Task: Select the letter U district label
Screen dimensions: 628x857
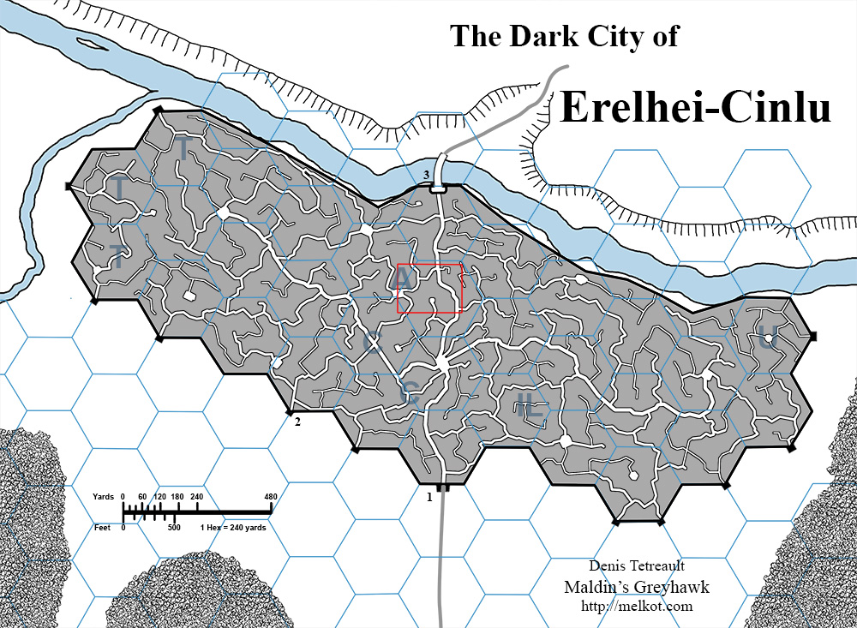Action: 765,338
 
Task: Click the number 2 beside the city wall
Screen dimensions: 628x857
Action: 297,422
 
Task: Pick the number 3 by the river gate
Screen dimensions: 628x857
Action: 425,176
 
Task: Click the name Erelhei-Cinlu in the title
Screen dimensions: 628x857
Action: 695,109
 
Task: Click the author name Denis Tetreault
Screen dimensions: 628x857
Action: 636,566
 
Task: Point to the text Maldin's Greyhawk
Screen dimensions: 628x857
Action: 636,587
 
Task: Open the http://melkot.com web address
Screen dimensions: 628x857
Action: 636,607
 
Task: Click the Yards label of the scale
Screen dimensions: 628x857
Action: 103,497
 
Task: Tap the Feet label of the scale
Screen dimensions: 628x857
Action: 105,528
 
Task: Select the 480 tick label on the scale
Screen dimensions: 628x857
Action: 271,497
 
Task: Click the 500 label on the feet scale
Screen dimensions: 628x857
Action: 175,528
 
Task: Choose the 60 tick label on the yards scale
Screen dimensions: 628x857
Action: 141,497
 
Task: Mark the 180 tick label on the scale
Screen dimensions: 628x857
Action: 177,497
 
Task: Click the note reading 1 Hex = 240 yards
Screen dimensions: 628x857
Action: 231,528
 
